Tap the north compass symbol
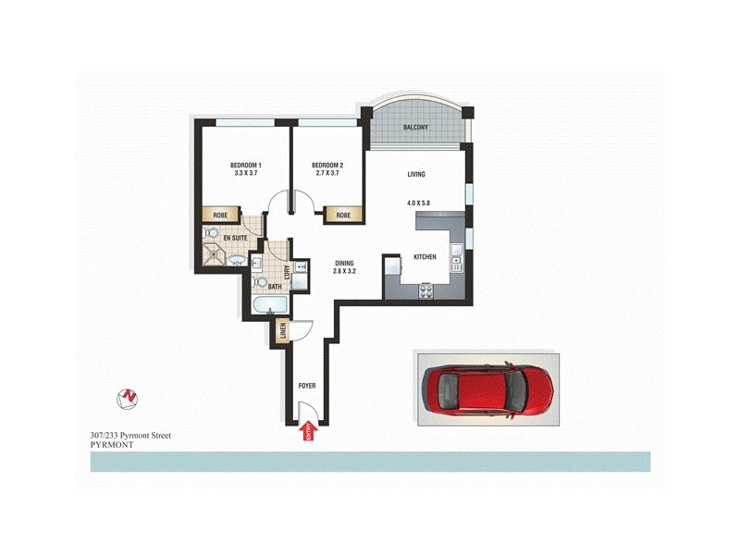(x=128, y=398)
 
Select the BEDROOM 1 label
(x=246, y=165)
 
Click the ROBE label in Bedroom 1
(x=220, y=215)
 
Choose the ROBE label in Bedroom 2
(x=343, y=215)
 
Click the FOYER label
(x=308, y=386)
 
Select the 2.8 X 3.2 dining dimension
(x=345, y=272)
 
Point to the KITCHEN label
(x=424, y=257)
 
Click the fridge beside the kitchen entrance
(x=391, y=268)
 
